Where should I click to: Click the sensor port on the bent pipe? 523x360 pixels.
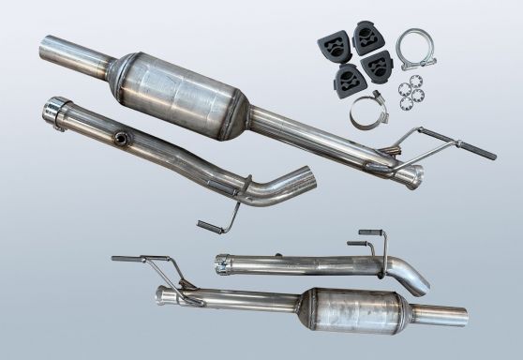[120, 141]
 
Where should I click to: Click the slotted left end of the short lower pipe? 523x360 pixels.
[222, 262]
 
